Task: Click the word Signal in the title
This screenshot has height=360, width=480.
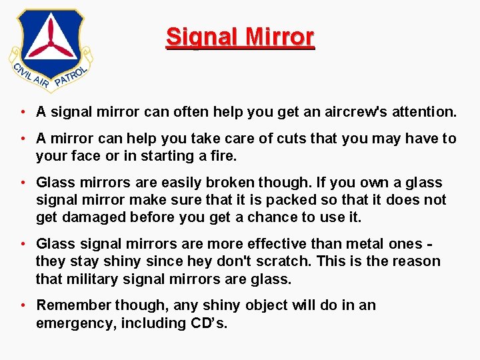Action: pyautogui.click(x=199, y=37)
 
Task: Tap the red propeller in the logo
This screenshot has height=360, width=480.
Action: pyautogui.click(x=51, y=42)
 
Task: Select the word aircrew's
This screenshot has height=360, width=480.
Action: pyautogui.click(x=343, y=113)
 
